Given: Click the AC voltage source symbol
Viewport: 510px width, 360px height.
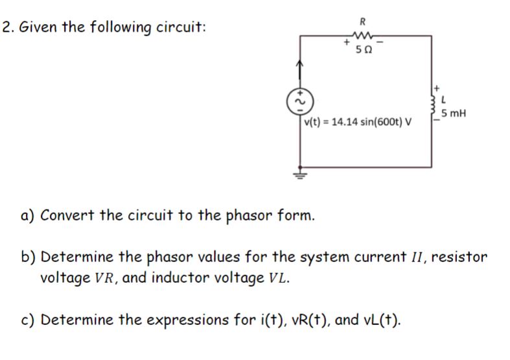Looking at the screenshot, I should coord(299,101).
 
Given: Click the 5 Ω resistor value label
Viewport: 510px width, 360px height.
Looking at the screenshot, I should coord(363,51).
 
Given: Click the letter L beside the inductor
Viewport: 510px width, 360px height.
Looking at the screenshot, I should coord(443,101).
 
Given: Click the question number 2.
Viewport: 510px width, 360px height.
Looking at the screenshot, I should coord(6,28).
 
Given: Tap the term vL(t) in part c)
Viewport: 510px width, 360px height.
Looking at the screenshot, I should coord(375,320).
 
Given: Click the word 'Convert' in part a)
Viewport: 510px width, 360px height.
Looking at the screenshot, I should coord(70,215).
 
